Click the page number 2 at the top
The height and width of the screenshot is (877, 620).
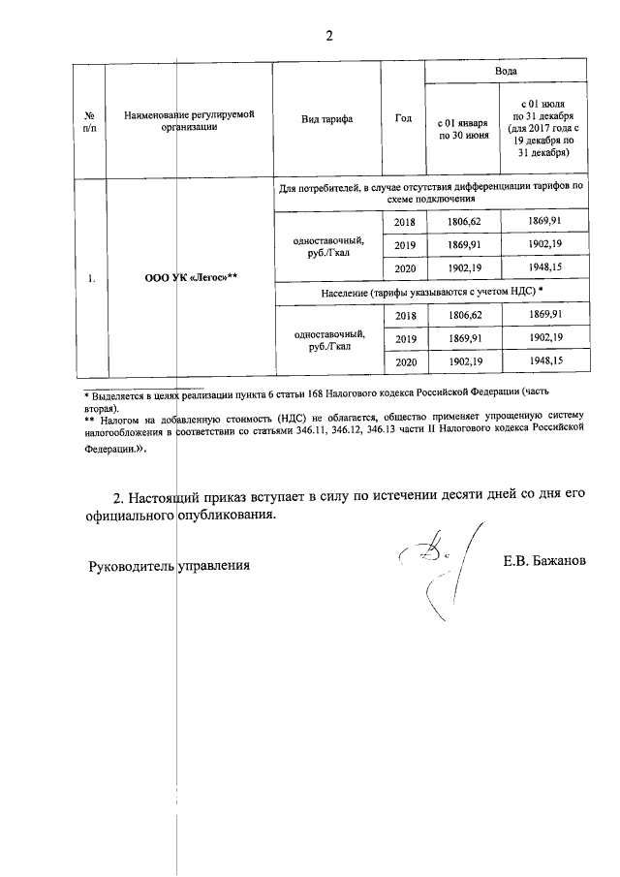(328, 37)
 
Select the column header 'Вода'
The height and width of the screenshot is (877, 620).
(505, 72)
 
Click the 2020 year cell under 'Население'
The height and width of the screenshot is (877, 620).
(404, 360)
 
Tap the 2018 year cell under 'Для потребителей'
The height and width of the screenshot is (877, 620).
(404, 222)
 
